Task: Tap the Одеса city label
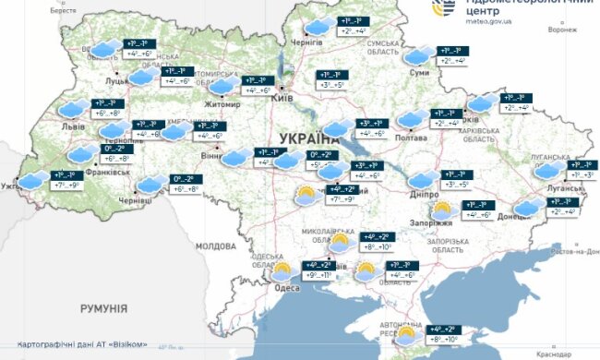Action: [286, 286]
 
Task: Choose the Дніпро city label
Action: [424, 195]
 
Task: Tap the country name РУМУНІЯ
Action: [104, 306]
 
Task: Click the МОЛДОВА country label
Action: [216, 246]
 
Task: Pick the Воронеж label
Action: [561, 30]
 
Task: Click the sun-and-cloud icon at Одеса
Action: [280, 271]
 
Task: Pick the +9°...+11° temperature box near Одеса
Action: [317, 274]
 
